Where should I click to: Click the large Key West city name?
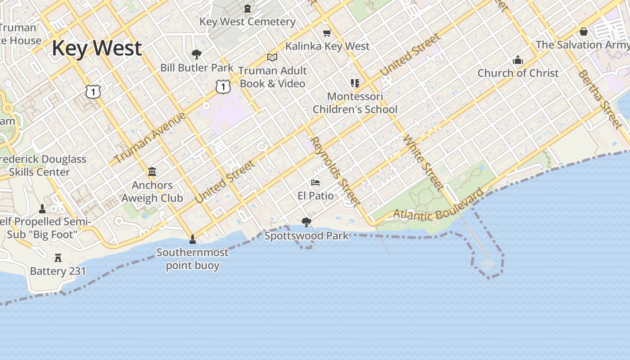pos(97,48)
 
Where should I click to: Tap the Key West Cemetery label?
pos(247,22)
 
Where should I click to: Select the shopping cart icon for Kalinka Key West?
pos(327,33)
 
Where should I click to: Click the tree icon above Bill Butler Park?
pos(196,54)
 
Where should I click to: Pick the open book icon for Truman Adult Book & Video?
pos(272,57)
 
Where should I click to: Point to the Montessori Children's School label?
pos(355,103)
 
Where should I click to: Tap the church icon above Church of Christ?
pos(518,60)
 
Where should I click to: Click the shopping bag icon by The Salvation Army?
pos(584,31)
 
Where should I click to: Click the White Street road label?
pos(423,162)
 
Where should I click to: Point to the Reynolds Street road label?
pos(336,171)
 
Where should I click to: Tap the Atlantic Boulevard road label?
pos(439,207)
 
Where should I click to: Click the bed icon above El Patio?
pos(315,183)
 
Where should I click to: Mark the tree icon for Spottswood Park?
pos(306,222)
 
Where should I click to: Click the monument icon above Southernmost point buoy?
pos(193,239)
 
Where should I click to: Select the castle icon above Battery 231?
pos(58,258)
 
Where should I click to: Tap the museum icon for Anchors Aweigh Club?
pos(152,172)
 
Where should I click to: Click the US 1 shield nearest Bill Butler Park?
pos(223,86)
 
